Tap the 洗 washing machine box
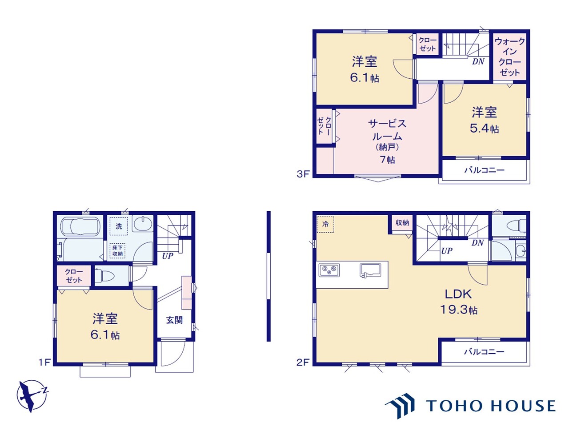119,226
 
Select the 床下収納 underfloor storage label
117,250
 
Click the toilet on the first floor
104,276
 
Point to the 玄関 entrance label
174,320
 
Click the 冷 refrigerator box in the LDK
325,224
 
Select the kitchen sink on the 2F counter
370,271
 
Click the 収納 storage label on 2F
402,222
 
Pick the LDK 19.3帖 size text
459,302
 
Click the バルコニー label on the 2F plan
484,352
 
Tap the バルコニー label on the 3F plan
484,170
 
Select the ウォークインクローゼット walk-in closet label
509,57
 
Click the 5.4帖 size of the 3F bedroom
485,129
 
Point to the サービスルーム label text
387,130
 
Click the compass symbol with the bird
32,395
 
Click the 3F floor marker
303,174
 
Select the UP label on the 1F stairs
168,256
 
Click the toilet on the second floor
517,225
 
